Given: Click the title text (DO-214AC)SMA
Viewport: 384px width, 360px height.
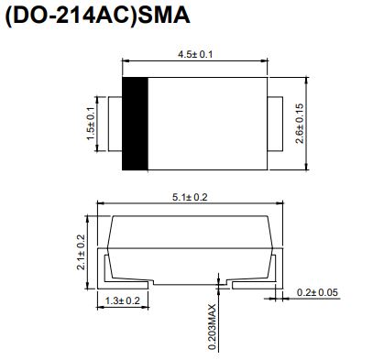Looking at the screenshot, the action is coord(98,16).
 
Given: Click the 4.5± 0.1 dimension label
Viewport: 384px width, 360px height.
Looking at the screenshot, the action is coord(195,55).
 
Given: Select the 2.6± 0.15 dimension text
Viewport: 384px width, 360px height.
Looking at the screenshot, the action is coord(300,124).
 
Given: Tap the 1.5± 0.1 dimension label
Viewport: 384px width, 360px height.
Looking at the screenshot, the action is coord(91,124).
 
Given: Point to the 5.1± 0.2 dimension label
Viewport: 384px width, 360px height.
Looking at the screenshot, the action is coord(190,197).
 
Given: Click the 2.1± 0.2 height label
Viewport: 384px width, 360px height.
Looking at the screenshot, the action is coord(81,252).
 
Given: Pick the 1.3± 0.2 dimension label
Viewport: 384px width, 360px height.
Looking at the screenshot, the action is coord(123,300).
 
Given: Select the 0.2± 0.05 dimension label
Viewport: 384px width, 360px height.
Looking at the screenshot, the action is coord(317,292).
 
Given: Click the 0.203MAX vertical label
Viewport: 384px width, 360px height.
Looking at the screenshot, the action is coord(212,327).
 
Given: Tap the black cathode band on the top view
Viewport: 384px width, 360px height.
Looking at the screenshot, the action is coord(135,124).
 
